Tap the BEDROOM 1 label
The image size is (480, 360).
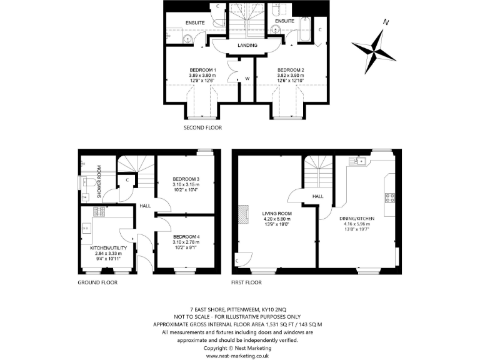click(x=202, y=70)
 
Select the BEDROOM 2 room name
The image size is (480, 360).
click(x=290, y=70)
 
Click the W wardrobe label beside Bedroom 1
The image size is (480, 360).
click(x=247, y=78)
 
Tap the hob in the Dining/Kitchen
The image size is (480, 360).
click(x=390, y=198)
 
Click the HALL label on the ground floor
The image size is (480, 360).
click(x=145, y=206)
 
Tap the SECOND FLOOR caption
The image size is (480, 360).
click(x=202, y=127)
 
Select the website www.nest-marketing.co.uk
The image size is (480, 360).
click(x=237, y=355)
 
